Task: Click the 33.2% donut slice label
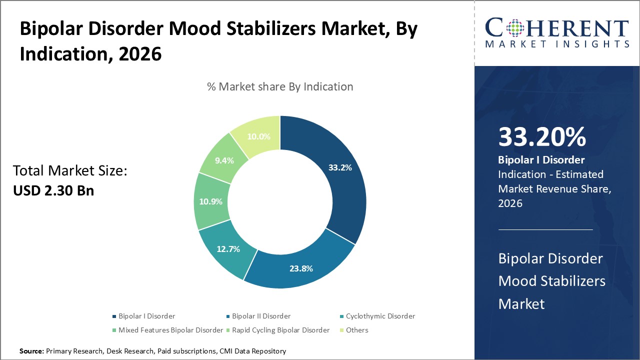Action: point(340,167)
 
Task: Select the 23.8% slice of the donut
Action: point(301,268)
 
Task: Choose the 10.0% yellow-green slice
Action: point(259,136)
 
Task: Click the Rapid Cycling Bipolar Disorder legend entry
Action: point(280,330)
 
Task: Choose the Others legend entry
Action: point(356,330)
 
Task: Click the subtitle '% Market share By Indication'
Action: point(280,86)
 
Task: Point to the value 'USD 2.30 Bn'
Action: point(53,190)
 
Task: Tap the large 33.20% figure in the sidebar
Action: point(542,137)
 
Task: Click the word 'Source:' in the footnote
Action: point(31,351)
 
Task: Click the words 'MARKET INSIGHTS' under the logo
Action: point(557,44)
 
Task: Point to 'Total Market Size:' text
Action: point(70,171)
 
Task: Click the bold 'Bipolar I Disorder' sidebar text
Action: point(541,160)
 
